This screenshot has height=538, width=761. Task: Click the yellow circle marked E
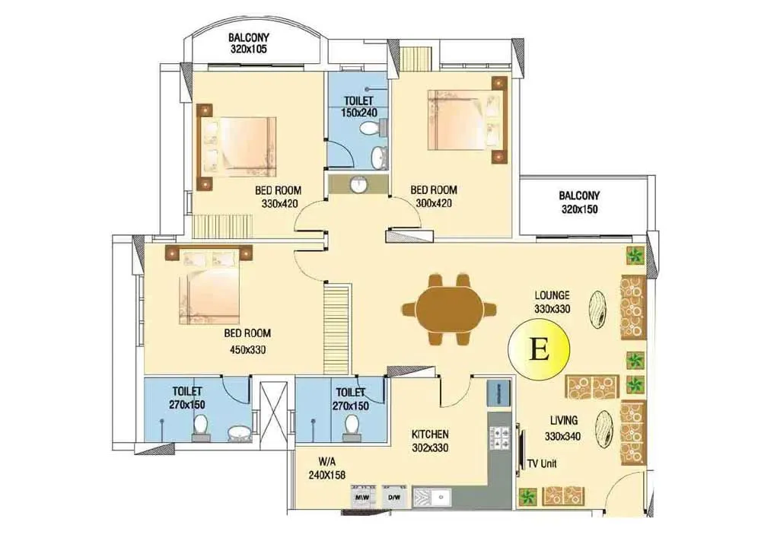(539, 349)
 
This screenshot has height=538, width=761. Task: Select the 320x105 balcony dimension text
(250, 49)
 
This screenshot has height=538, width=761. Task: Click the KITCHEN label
(431, 434)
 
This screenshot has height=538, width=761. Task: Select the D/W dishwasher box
(394, 498)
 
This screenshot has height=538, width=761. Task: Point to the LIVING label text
(563, 420)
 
